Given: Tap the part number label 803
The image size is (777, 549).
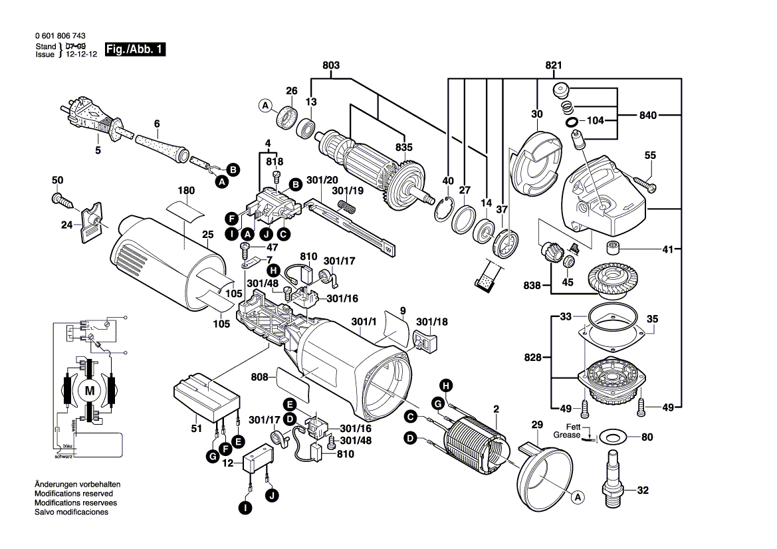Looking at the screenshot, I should pyautogui.click(x=331, y=65).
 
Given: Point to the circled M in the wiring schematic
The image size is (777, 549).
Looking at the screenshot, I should pyautogui.click(x=89, y=391).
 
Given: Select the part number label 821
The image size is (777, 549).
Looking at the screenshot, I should pyautogui.click(x=554, y=65).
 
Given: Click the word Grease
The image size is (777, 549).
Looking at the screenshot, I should pyautogui.click(x=566, y=435).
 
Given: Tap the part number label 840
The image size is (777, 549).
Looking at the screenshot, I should pyautogui.click(x=647, y=116).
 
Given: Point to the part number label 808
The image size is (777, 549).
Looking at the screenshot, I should pyautogui.click(x=260, y=378).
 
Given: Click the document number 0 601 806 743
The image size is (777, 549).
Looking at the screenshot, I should pyautogui.click(x=60, y=37).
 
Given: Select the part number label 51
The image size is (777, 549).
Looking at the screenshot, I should pyautogui.click(x=196, y=429).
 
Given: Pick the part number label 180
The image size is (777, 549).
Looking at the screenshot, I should pyautogui.click(x=185, y=190).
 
